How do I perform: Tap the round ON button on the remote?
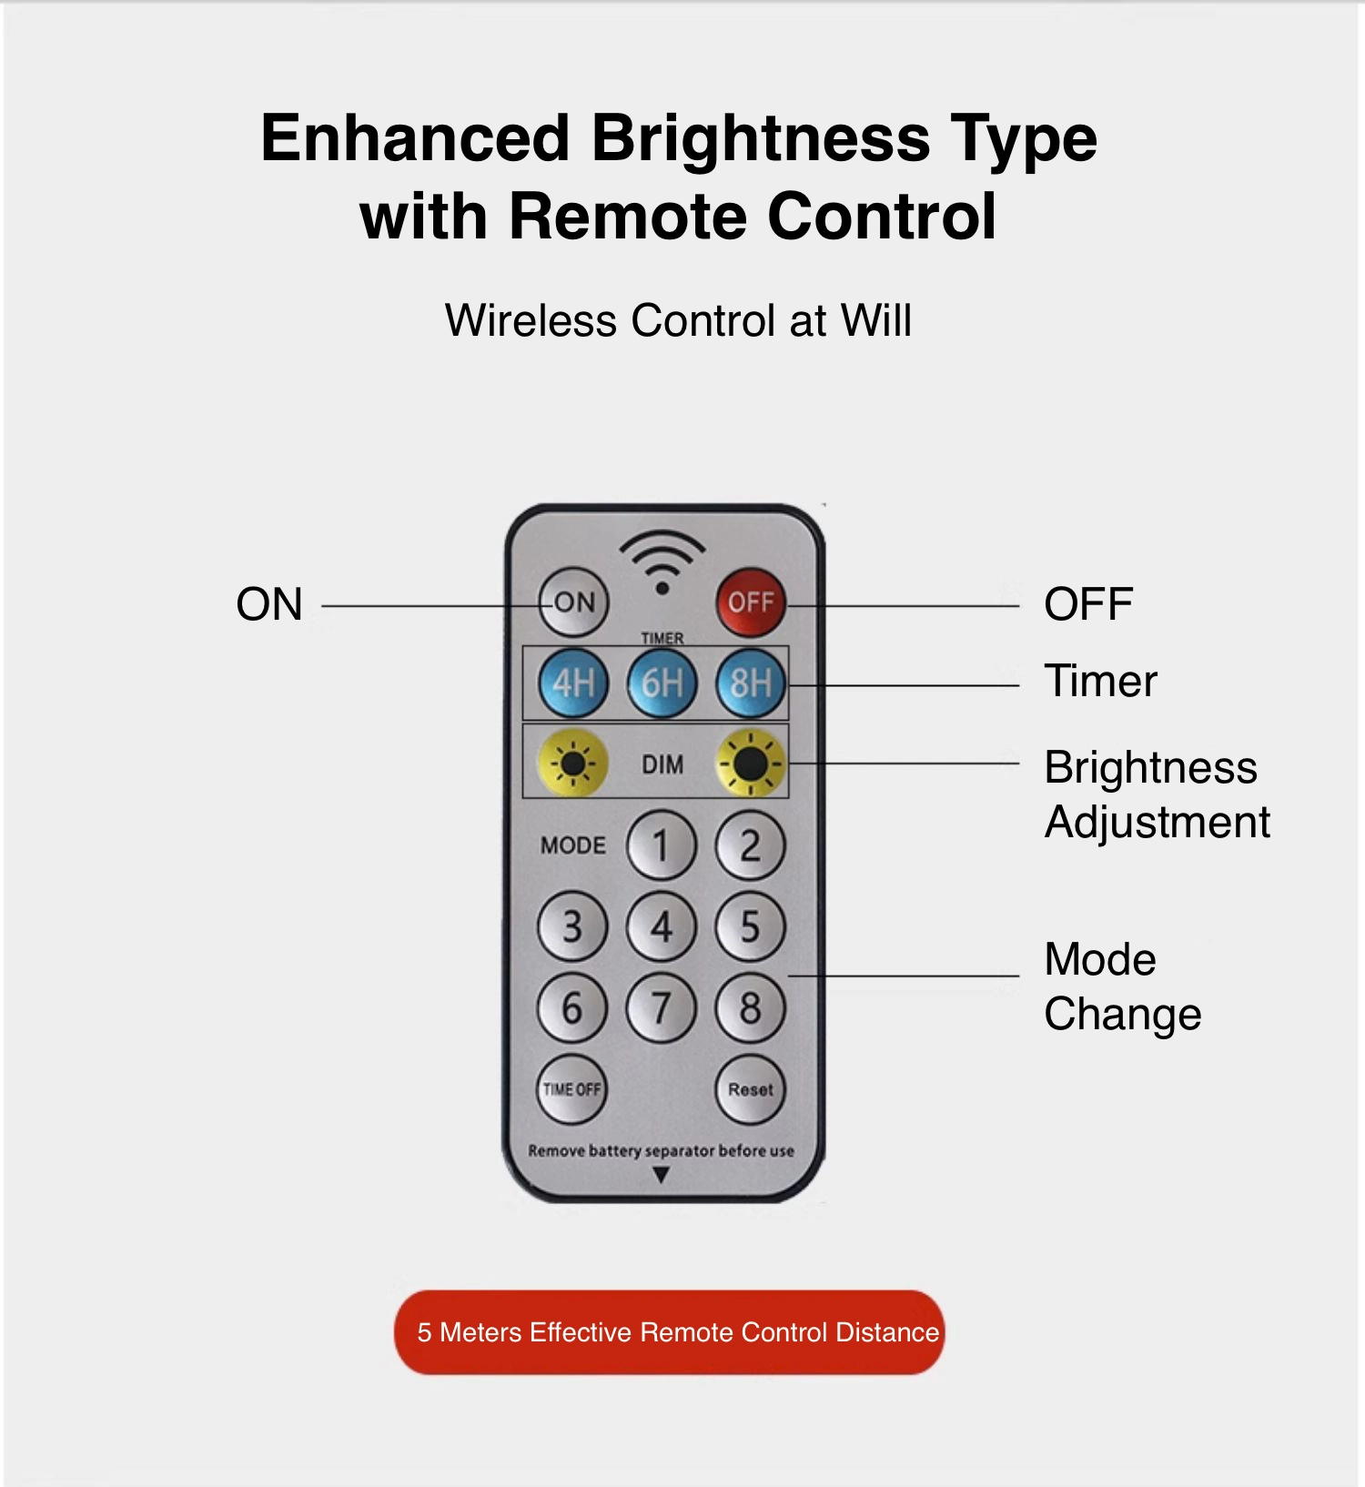tap(573, 602)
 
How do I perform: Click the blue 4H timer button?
tap(573, 683)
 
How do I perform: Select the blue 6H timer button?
tap(662, 683)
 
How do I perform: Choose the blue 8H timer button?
tap(751, 683)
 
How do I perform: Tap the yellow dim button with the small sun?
tap(573, 763)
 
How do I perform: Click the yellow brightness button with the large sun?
tap(751, 763)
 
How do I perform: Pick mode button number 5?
tap(751, 926)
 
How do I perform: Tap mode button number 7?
tap(662, 1007)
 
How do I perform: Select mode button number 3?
tap(572, 926)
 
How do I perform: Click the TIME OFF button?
tap(572, 1089)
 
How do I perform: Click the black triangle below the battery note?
tap(662, 1176)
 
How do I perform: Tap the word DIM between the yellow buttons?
tap(662, 764)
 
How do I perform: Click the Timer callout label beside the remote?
tap(1100, 681)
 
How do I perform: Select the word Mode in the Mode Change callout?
tap(1100, 959)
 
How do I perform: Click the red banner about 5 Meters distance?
tap(670, 1332)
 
